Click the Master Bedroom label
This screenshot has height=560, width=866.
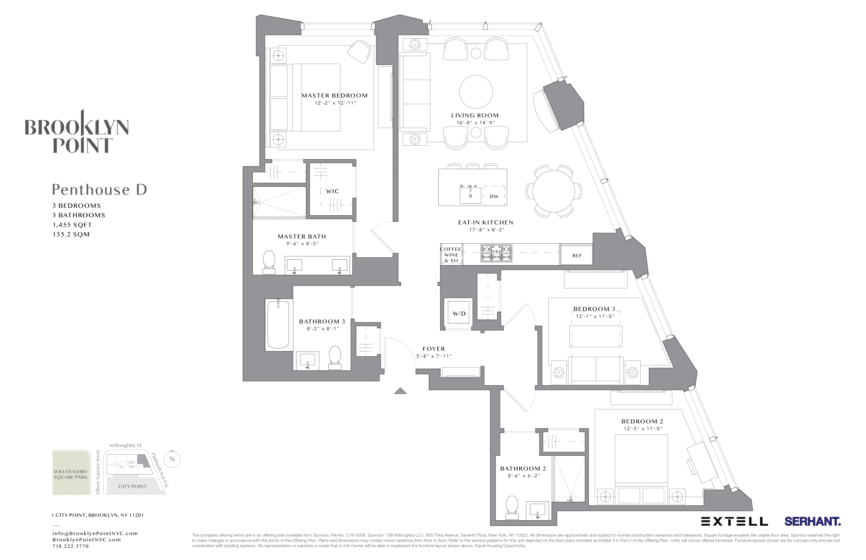(x=334, y=96)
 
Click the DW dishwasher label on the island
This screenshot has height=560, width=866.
(x=494, y=196)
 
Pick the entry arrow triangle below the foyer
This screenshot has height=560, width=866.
(x=400, y=391)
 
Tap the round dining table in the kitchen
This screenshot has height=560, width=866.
(x=553, y=191)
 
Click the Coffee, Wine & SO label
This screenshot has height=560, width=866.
(x=451, y=254)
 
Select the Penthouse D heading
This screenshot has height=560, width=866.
(x=99, y=189)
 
